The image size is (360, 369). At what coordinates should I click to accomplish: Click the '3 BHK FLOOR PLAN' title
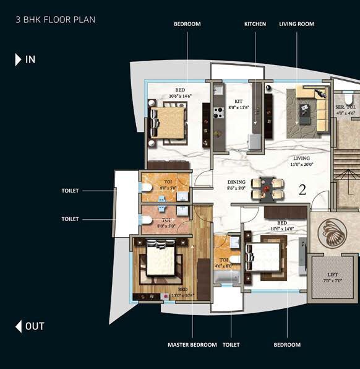[56, 19]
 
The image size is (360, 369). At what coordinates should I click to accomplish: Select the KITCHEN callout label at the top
[255, 24]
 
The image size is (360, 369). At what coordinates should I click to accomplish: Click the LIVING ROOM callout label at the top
[296, 24]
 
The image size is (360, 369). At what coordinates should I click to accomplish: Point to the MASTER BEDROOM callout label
[192, 344]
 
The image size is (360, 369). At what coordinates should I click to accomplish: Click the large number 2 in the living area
[302, 189]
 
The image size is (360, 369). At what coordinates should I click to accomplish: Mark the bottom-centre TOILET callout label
[231, 344]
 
